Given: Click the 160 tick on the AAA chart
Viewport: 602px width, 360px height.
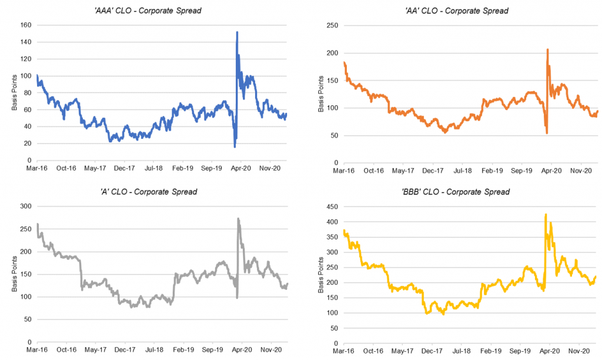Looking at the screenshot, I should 26,25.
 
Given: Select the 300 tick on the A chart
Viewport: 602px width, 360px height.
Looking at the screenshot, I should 26,206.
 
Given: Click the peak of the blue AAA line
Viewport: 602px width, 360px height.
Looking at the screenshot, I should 237,32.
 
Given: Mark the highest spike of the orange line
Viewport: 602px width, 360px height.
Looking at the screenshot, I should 547,50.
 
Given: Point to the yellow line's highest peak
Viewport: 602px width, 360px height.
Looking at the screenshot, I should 546,215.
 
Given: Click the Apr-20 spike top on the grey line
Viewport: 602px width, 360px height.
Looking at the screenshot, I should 238,219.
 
